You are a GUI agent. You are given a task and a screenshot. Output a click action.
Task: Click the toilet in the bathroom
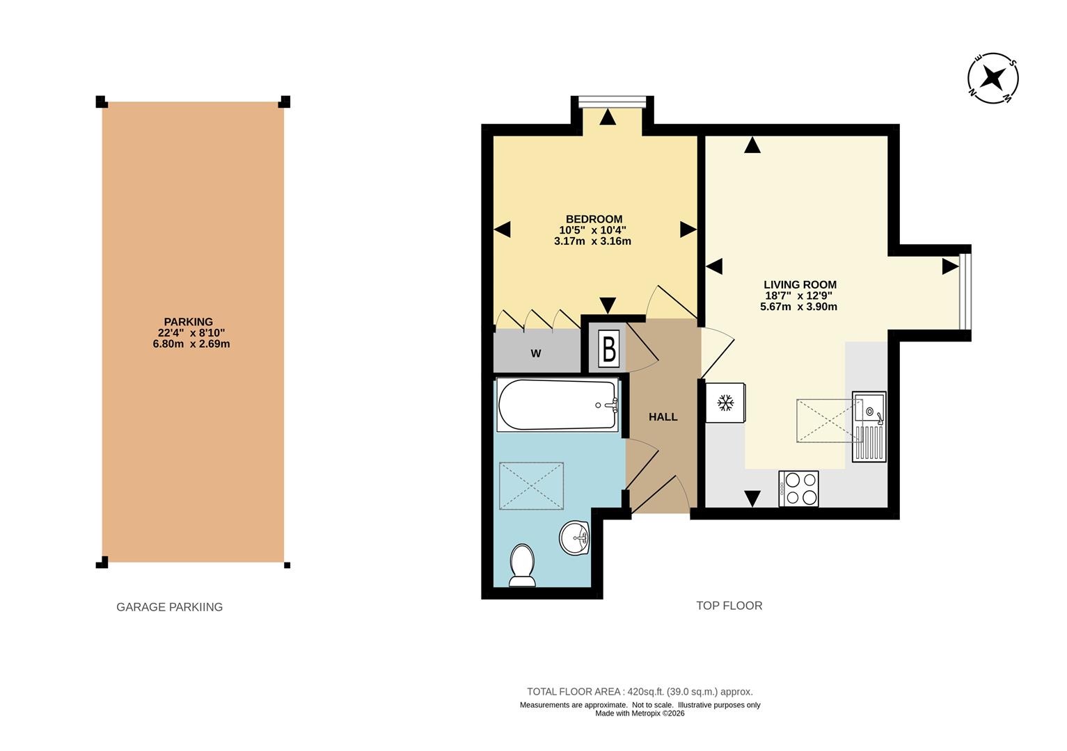(523, 565)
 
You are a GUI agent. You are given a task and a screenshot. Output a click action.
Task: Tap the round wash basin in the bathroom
(574, 538)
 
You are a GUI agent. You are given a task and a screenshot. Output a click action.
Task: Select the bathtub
(558, 405)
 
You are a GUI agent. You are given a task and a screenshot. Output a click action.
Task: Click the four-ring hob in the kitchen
(799, 488)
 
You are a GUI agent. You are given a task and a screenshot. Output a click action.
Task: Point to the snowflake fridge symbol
(725, 403)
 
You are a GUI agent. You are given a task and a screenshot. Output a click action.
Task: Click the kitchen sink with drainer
(869, 427)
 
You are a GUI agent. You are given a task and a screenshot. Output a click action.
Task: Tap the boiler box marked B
(609, 349)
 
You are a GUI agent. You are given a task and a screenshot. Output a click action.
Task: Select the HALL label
(663, 417)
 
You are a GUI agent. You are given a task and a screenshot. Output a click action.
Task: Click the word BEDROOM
(594, 219)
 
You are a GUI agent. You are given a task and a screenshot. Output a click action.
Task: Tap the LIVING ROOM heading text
(800, 284)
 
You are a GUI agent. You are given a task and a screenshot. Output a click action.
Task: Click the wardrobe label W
(536, 354)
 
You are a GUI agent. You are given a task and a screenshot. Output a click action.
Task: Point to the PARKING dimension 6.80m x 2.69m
(191, 344)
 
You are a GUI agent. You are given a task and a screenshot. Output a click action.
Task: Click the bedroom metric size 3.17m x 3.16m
(592, 241)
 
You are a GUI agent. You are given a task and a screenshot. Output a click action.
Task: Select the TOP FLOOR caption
(729, 606)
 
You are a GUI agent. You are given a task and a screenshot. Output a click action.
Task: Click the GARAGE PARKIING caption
(170, 607)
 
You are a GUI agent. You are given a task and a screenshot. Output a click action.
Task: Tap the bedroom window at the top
(612, 102)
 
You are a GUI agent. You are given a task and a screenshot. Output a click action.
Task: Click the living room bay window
(965, 291)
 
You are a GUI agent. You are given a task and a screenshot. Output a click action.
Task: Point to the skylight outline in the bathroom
(531, 485)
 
